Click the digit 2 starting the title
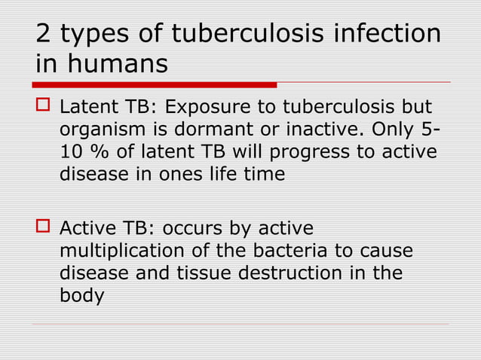coord(45,35)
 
